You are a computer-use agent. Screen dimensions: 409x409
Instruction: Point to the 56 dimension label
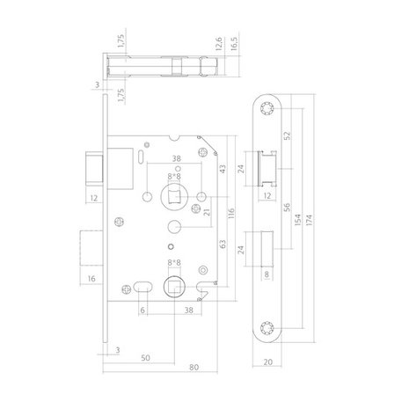(288, 208)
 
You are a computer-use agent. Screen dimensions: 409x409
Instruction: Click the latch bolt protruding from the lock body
(95, 168)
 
